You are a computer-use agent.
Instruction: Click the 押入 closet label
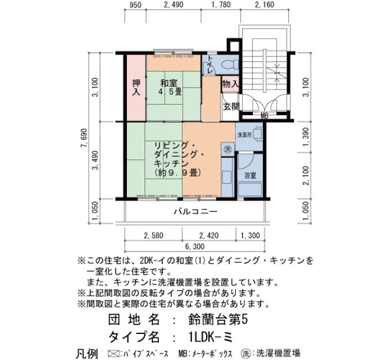tap(136, 88)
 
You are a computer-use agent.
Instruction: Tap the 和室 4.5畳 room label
tap(170, 88)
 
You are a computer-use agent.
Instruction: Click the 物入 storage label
tap(231, 84)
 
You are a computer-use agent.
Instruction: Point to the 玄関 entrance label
tap(231, 106)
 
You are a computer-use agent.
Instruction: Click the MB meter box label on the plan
tap(264, 116)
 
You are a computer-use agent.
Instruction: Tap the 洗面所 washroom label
tap(244, 135)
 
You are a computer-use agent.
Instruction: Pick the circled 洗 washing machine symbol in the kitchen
tap(227, 149)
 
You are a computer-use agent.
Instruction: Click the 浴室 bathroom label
tap(250, 176)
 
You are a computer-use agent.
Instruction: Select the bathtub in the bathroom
tap(250, 189)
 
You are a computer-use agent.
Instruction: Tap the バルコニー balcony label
tap(196, 212)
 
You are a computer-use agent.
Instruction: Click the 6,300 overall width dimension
tap(195, 246)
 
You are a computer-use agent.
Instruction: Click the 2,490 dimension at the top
tap(173, 4)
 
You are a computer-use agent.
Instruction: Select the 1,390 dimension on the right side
tap(306, 137)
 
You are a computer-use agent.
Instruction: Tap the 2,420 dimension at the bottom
tap(209, 235)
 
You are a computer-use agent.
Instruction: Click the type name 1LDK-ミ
tap(210, 337)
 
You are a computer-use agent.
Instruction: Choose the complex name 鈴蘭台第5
tap(218, 320)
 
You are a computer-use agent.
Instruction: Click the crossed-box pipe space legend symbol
tap(113, 353)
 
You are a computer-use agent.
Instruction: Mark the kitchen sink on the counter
tap(226, 177)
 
